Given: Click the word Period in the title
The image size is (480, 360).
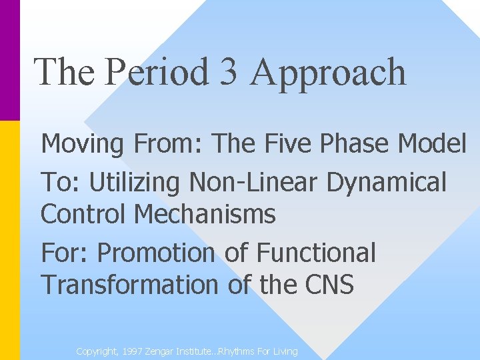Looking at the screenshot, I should (157, 72).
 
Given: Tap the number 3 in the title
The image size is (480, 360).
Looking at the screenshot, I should (228, 72).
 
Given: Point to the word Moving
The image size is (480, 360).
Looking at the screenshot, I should (82, 144).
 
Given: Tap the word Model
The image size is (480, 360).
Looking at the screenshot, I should (435, 143).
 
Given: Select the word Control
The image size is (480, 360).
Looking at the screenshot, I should (83, 215).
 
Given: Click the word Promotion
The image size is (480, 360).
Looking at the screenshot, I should (156, 253).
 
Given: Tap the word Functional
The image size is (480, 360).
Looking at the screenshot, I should (316, 253).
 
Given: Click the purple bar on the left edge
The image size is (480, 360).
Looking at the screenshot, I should (10, 60).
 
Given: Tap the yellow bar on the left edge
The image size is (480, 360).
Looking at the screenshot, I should (10, 240).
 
